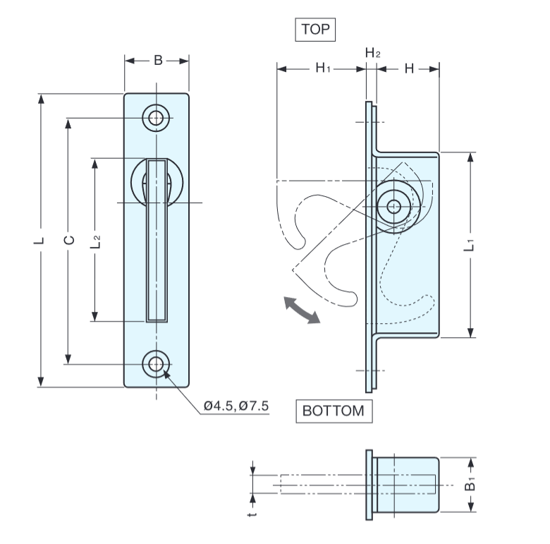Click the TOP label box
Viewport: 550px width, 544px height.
[314, 30]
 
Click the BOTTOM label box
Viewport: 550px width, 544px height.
[334, 411]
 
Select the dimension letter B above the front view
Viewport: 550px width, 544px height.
[158, 61]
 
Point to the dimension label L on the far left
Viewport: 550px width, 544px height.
[41, 240]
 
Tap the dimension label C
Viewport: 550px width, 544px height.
[68, 240]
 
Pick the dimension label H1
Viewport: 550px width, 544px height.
[324, 68]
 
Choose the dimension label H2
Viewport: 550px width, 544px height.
[373, 53]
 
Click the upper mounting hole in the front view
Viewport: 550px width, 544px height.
[157, 118]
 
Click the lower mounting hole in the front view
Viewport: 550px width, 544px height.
[157, 363]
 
